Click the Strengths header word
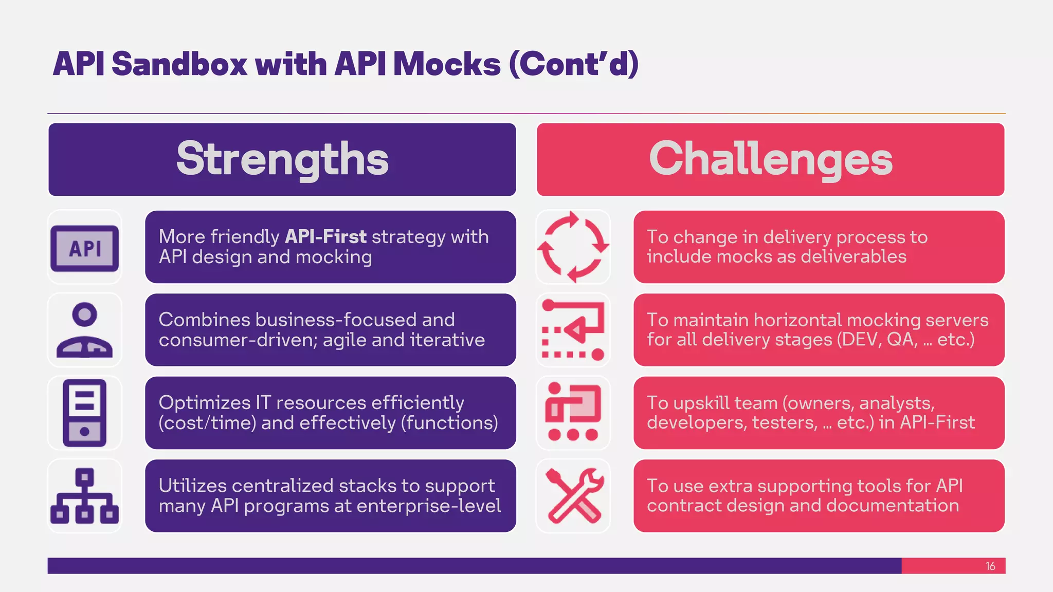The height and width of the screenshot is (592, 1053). click(x=282, y=159)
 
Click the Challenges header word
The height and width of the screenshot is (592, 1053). click(x=770, y=159)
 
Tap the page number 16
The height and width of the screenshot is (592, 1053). click(x=990, y=566)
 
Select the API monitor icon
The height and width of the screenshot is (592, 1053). click(x=85, y=248)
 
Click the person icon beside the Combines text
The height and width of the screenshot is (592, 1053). click(x=85, y=330)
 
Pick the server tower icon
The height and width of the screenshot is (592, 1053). click(x=85, y=413)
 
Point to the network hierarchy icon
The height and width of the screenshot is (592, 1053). click(x=85, y=496)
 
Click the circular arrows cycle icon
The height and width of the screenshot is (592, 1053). click(x=573, y=247)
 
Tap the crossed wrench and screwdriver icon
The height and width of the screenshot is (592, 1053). click(x=573, y=496)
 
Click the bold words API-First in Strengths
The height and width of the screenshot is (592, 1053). click(x=325, y=237)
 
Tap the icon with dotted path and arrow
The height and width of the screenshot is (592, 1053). click(x=573, y=330)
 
